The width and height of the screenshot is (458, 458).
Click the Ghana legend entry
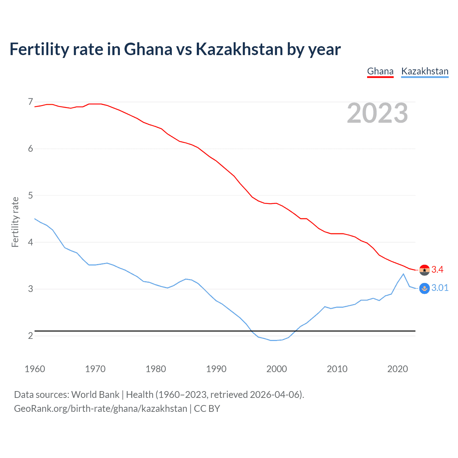380,71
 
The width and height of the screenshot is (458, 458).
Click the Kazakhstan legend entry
425,71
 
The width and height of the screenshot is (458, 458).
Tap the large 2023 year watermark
377,113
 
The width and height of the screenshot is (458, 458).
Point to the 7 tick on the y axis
30,102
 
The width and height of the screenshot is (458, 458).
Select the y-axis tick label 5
30,195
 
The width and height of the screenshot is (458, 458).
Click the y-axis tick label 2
30,336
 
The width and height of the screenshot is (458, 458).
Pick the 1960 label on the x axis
35,369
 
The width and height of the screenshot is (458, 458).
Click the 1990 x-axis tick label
216,369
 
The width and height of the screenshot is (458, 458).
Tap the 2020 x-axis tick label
398,369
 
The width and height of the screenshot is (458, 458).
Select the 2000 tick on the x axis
277,369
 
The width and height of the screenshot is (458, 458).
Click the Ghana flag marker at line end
424,270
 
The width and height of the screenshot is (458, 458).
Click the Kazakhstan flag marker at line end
424,288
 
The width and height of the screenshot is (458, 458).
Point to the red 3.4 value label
437,269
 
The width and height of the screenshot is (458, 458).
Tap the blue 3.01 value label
440,288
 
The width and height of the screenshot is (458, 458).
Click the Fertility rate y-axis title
15,222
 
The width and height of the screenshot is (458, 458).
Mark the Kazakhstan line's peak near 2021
403,274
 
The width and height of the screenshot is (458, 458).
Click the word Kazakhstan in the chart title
239,49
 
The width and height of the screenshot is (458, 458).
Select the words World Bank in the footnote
95,394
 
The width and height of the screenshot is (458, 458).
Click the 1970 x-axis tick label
95,369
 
